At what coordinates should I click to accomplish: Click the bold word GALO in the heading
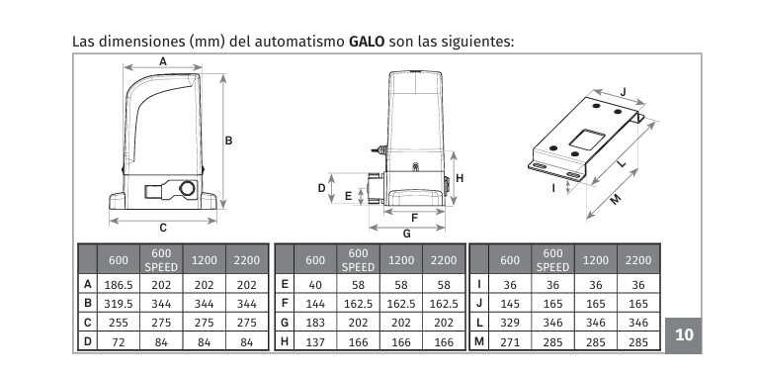(x=367, y=42)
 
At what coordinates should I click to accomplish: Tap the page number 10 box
(x=684, y=335)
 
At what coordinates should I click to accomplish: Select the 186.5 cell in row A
(x=119, y=285)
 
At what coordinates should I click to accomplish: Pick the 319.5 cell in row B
(x=119, y=304)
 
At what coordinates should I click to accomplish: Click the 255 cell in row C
(x=119, y=323)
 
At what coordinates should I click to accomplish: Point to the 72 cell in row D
(x=119, y=341)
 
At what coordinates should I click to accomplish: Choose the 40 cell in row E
(x=315, y=285)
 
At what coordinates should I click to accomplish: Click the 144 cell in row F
(x=315, y=304)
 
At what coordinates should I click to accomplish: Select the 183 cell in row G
(x=315, y=323)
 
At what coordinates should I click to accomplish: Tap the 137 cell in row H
(x=315, y=341)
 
